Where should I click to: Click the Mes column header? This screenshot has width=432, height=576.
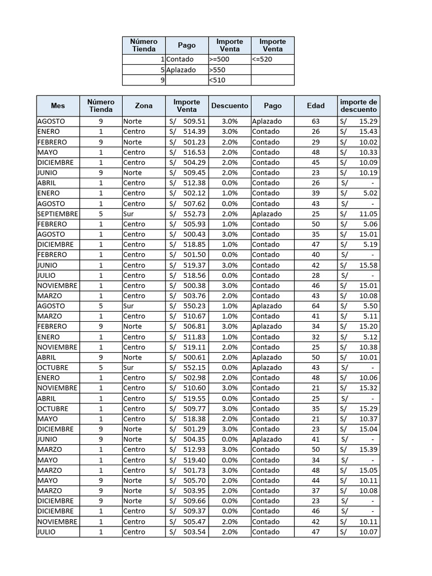pyautogui.click(x=58, y=106)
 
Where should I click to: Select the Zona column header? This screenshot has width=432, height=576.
pyautogui.click(x=143, y=106)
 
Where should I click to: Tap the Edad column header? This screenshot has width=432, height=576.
pyautogui.click(x=316, y=106)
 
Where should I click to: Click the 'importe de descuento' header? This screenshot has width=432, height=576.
pyautogui.click(x=358, y=106)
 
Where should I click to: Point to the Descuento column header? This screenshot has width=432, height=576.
pyautogui.click(x=229, y=106)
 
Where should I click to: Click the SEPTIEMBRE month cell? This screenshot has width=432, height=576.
pyautogui.click(x=58, y=214)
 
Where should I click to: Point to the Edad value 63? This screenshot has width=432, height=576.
pyautogui.click(x=316, y=121)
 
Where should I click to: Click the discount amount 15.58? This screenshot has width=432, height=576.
pyautogui.click(x=368, y=265)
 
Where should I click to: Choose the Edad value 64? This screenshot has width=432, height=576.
pyautogui.click(x=316, y=306)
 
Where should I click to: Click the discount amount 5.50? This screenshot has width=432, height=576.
pyautogui.click(x=369, y=306)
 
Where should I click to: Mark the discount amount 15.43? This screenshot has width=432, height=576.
pyautogui.click(x=368, y=132)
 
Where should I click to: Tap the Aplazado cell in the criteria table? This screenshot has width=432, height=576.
pyautogui.click(x=181, y=70)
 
